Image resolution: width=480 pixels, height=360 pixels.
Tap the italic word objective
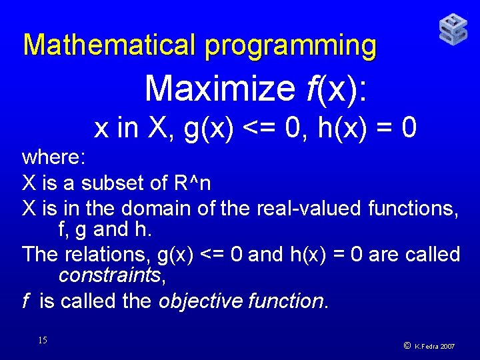click(200, 301)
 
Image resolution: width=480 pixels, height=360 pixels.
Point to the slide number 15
click(43, 341)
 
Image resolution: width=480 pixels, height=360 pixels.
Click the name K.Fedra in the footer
click(425, 347)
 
